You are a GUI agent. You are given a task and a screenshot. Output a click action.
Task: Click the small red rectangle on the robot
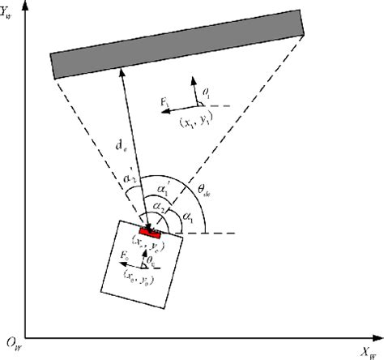(151, 234)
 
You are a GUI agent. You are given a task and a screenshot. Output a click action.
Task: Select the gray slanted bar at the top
(177, 44)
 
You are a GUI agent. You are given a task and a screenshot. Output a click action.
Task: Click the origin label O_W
(12, 344)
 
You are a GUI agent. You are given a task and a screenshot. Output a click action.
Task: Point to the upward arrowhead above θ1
(194, 79)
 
